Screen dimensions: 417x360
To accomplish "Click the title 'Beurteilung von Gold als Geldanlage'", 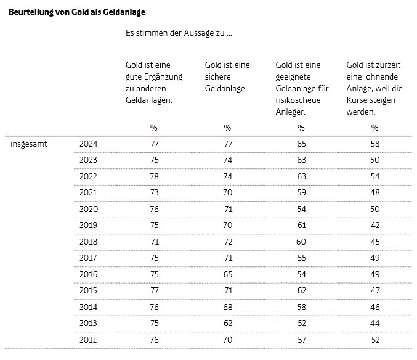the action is (x=77, y=12).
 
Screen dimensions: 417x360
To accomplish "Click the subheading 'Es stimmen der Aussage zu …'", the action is (x=179, y=33).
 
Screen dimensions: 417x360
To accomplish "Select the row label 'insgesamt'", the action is (x=29, y=144).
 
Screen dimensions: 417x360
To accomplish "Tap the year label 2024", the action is (x=89, y=144).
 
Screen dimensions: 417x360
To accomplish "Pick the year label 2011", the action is (x=88, y=340).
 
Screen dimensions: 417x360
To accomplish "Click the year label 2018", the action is (x=88, y=242).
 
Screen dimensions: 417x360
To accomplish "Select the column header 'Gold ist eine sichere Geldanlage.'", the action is (x=227, y=76).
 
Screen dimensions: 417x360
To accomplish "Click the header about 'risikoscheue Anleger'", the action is (x=302, y=88).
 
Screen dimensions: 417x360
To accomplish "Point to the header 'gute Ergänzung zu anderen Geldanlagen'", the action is (x=154, y=83).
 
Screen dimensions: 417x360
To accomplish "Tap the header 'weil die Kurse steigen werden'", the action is (x=374, y=88).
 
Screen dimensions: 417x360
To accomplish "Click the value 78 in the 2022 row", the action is (x=154, y=176).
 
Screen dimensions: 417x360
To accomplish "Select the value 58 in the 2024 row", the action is (x=375, y=144).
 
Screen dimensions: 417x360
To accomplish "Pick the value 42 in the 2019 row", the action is (x=375, y=226).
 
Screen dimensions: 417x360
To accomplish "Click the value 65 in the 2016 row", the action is (x=228, y=274).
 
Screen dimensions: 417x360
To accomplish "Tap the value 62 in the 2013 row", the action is (x=228, y=323).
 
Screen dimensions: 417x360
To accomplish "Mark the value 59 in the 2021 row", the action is (x=302, y=193).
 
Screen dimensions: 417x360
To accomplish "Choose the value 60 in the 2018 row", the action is (x=301, y=242).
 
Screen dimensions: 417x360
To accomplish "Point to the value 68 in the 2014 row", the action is (x=228, y=307).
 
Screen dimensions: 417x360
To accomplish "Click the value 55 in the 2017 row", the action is (x=302, y=258).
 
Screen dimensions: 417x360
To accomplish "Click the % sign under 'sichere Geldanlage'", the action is (x=227, y=128).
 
